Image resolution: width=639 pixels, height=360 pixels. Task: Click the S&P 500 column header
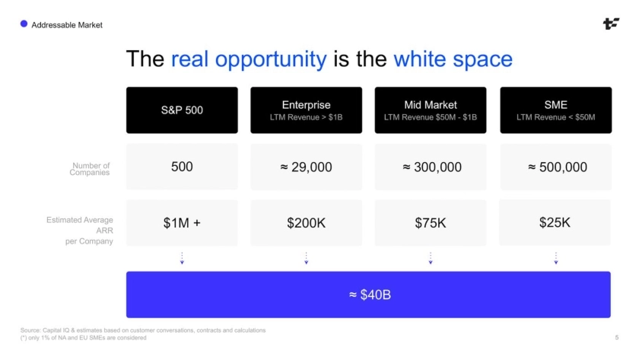pos(182,110)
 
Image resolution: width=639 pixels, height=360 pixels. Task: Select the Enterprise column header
pos(306,110)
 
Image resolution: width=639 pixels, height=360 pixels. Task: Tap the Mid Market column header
pos(431,110)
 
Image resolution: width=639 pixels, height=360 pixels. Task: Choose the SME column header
pos(556,110)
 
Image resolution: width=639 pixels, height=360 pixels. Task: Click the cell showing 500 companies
pos(182,167)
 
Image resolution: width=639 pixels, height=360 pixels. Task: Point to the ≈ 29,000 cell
pos(306,167)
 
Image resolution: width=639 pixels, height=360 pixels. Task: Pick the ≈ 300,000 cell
pos(431,167)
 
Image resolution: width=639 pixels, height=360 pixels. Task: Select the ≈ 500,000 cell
pos(556,167)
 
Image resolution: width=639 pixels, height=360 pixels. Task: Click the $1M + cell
pos(182,222)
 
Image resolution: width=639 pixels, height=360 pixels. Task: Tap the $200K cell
pos(306,222)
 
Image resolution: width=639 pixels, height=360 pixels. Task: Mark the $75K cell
pos(431,222)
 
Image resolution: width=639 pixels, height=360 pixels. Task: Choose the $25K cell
pos(555,222)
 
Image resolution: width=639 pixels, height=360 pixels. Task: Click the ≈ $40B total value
pos(370,295)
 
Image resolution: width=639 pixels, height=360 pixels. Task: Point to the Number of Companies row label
pos(90,169)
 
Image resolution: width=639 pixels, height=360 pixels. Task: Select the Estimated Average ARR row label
pos(80,231)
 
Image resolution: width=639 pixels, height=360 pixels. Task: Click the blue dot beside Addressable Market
pos(24,24)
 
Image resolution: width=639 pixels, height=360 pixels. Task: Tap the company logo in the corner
pos(611,24)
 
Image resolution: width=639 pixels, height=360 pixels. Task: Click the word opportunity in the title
pos(271,59)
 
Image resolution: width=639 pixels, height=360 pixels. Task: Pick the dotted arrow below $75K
pos(431,258)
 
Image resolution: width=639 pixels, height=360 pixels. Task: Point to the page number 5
pos(617,337)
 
